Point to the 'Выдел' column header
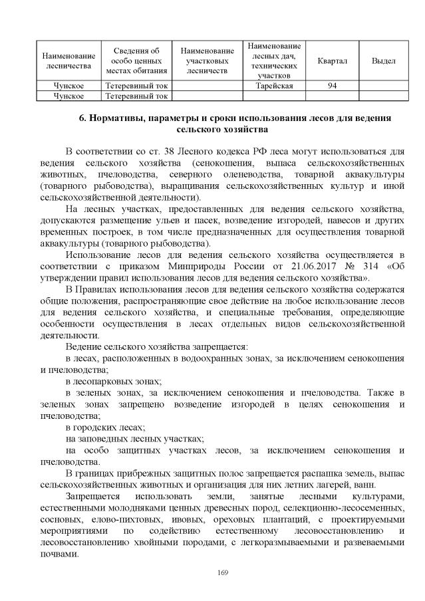tap(383, 61)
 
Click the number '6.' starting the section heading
tap(83, 118)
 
